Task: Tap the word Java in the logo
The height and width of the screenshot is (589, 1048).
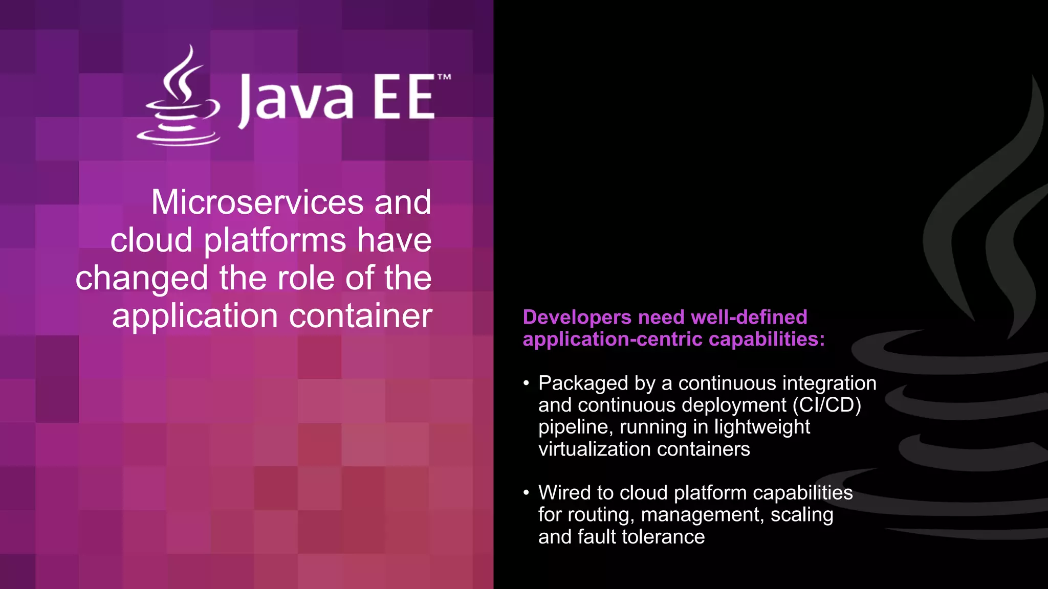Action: [x=296, y=98]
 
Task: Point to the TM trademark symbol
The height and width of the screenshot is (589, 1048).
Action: [x=444, y=78]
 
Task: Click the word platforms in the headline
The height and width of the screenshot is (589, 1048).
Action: [x=275, y=240]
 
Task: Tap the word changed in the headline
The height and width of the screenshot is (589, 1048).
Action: [x=142, y=279]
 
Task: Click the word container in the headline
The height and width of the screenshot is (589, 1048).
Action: [x=361, y=316]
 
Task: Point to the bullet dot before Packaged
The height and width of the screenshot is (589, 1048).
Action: [x=526, y=383]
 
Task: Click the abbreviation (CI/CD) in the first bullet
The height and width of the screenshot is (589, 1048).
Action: [x=827, y=405]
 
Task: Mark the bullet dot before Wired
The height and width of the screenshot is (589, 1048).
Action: [x=526, y=493]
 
